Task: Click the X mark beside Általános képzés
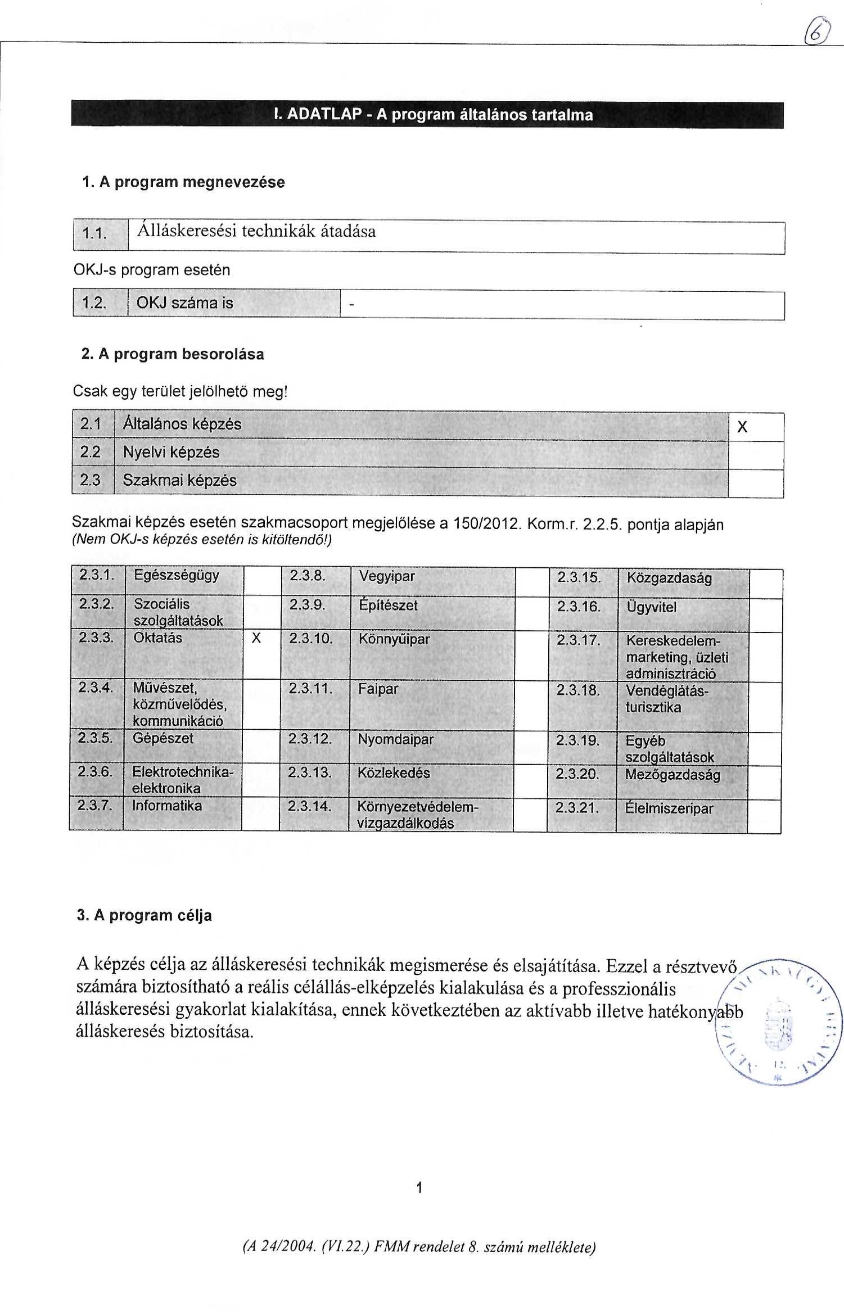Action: click(742, 428)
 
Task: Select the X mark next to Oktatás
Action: click(256, 639)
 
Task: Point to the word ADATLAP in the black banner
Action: click(323, 115)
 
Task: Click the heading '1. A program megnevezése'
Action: click(183, 182)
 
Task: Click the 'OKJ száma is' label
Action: click(185, 304)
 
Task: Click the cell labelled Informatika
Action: click(167, 806)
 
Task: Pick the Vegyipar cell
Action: click(387, 576)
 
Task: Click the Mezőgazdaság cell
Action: click(673, 775)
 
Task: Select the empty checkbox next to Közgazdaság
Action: click(765, 583)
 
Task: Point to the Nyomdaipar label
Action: click(396, 739)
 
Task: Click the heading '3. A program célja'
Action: click(145, 915)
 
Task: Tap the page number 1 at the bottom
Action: click(418, 1188)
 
